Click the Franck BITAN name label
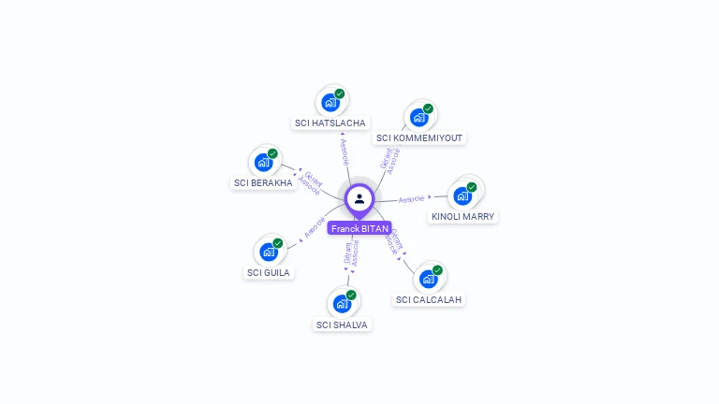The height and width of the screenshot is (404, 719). (359, 228)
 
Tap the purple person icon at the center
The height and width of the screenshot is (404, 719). (359, 198)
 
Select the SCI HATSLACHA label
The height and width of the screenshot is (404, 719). (330, 123)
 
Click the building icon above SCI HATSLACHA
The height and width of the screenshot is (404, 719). (330, 102)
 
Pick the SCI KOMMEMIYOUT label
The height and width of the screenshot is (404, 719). (419, 137)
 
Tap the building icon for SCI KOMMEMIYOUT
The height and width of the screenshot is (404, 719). (419, 117)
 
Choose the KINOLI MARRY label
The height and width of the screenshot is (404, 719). (462, 216)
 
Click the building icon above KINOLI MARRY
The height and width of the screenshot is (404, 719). (462, 195)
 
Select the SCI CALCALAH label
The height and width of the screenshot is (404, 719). (429, 299)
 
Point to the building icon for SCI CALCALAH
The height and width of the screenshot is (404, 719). (429, 279)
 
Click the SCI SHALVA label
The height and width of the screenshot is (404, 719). (342, 325)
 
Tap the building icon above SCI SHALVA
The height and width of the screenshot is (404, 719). (343, 303)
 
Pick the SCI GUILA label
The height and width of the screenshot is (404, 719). (269, 272)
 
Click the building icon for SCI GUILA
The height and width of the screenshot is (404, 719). (269, 252)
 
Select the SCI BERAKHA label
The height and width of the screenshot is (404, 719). (263, 182)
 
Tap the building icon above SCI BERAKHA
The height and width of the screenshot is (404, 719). (264, 162)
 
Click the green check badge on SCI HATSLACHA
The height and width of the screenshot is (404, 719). (340, 94)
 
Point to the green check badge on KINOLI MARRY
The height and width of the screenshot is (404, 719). (472, 187)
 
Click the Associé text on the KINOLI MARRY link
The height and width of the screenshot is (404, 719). (411, 198)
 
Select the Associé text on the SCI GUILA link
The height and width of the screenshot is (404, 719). (314, 227)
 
